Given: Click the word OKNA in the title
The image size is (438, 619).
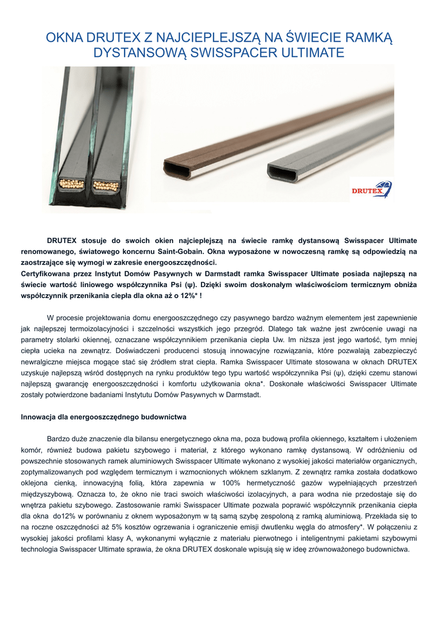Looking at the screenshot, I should click(x=65, y=39).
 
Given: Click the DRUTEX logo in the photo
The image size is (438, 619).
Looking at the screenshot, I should click(x=371, y=190).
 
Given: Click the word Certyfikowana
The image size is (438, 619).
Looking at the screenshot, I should click(x=48, y=273).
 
